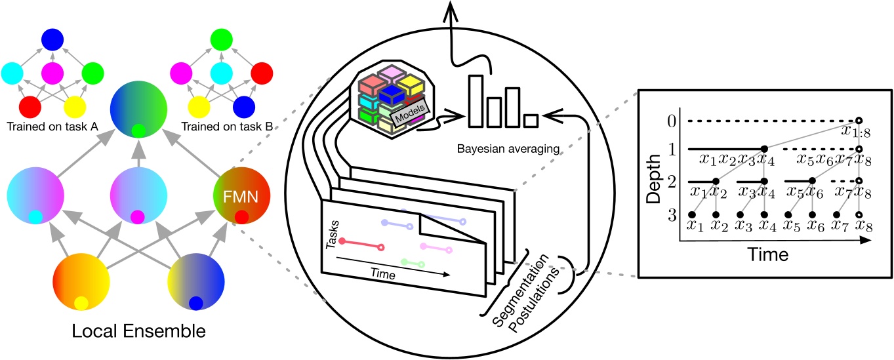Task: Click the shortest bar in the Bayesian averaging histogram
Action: [x=531, y=120]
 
